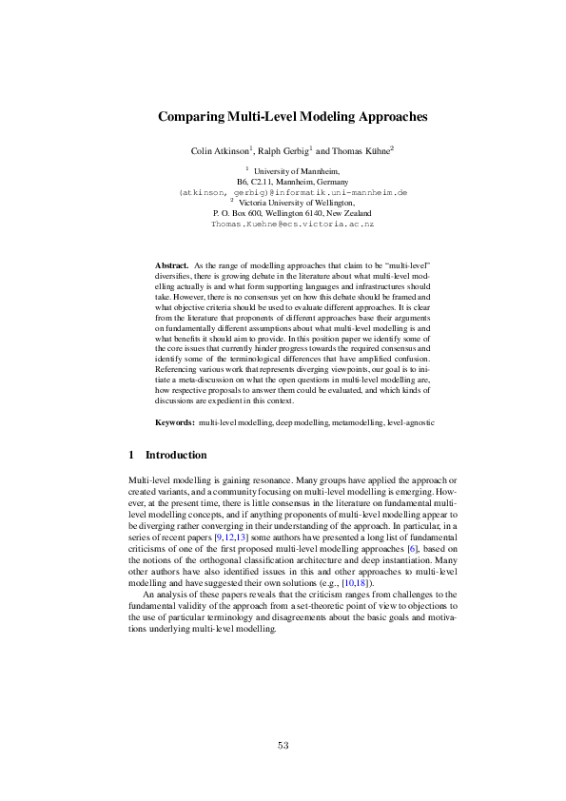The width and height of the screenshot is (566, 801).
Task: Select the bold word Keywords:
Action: pyautogui.click(x=175, y=420)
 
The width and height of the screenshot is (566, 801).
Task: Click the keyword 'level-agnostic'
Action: pyautogui.click(x=410, y=420)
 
